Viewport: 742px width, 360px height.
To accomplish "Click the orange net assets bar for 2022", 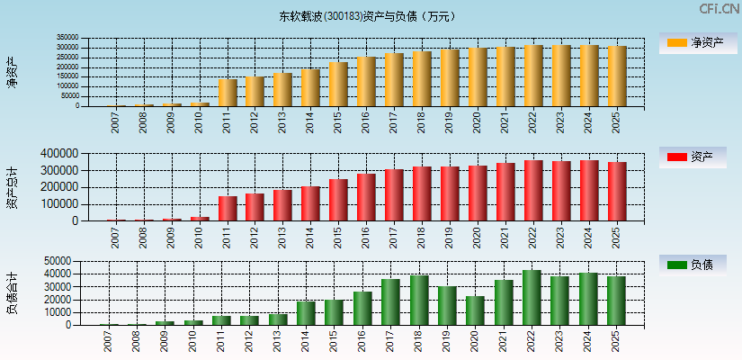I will (533, 76).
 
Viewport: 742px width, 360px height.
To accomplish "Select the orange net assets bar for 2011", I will (228, 93).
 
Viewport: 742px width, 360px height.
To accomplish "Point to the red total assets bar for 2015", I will (338, 200).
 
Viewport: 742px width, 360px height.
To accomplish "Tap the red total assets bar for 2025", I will (617, 192).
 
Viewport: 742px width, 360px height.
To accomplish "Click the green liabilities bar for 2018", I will (419, 301).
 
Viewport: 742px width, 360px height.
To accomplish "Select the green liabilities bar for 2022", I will (532, 298).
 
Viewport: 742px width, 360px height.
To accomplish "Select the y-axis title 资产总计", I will (12, 186).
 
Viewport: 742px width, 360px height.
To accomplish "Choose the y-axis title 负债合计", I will (12, 293).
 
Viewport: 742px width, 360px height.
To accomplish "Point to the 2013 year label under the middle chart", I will (283, 237).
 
